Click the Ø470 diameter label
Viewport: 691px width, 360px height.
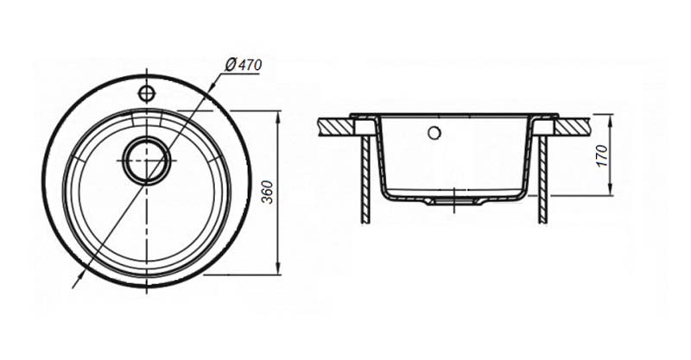(244, 65)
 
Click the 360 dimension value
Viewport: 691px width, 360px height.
(268, 193)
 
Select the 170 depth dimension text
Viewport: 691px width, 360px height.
(602, 155)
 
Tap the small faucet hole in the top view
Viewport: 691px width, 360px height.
(146, 93)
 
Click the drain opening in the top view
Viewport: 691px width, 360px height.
(146, 160)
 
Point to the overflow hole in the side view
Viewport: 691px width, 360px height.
(434, 132)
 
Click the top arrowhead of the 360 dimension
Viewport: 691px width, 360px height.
(277, 117)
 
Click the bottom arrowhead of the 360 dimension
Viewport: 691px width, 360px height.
(277, 268)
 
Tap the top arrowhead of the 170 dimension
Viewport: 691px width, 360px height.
(610, 121)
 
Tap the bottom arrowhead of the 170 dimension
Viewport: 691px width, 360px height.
(610, 188)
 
